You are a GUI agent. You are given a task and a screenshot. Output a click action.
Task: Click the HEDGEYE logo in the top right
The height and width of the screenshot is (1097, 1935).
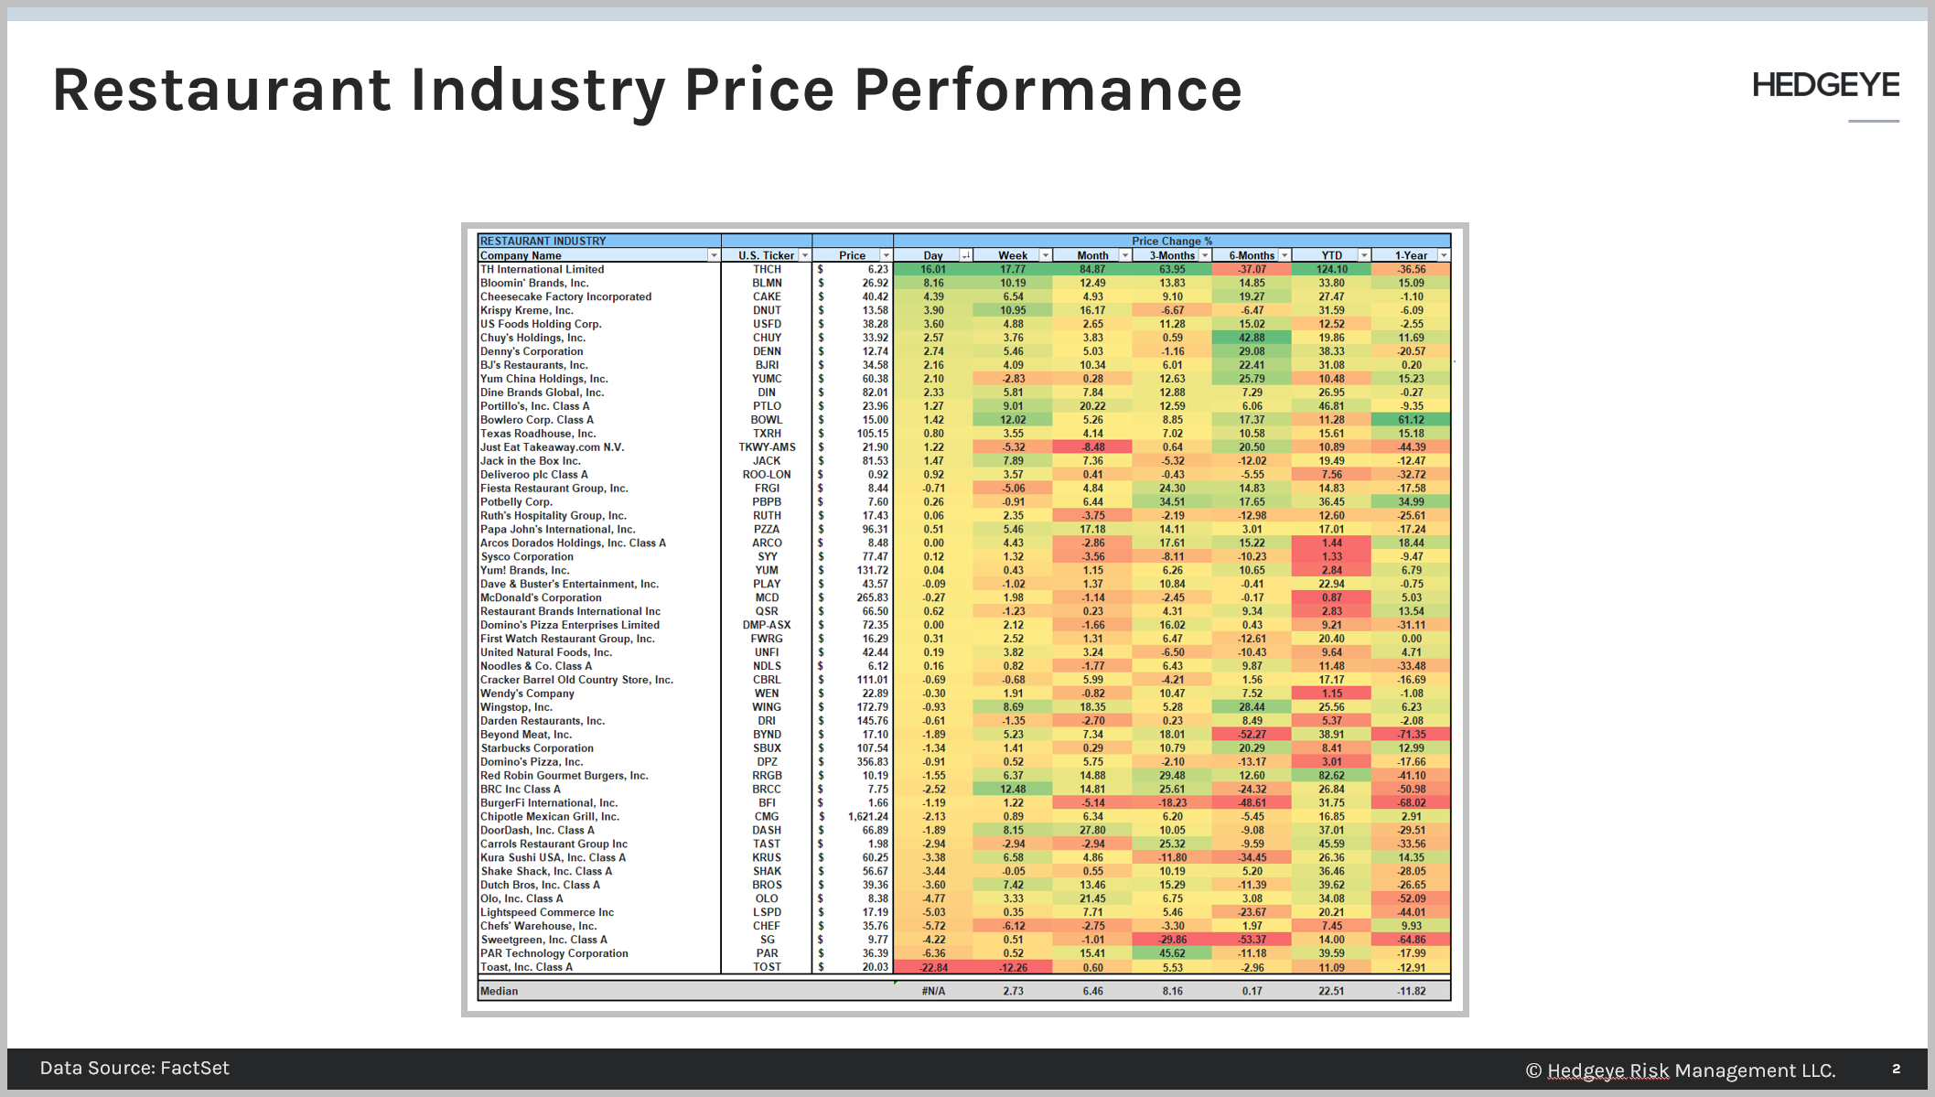click(x=1825, y=85)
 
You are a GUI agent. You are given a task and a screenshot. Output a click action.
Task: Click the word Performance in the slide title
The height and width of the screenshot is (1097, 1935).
click(x=1048, y=90)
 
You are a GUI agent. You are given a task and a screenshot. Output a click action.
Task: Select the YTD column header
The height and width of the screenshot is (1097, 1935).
click(x=1331, y=255)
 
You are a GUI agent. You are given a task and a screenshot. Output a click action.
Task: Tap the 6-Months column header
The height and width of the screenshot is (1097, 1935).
click(x=1252, y=255)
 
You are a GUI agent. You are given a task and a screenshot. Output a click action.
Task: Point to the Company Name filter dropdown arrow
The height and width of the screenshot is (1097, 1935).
click(x=714, y=255)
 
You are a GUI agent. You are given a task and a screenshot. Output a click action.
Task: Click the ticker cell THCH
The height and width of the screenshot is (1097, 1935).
click(x=767, y=269)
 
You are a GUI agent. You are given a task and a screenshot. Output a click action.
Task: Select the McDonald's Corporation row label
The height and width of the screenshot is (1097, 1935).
click(x=541, y=597)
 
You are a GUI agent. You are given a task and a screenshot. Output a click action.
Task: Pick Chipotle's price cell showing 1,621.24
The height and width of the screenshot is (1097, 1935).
click(x=867, y=816)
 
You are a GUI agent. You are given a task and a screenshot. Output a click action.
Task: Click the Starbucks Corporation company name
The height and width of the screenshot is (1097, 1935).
click(x=537, y=747)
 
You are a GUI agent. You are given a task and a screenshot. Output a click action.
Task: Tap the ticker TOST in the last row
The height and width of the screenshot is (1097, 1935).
click(x=767, y=967)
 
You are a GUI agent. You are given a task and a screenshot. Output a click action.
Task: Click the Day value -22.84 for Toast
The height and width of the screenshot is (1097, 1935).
click(x=933, y=967)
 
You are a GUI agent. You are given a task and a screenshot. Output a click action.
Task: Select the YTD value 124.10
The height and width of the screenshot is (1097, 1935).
click(x=1331, y=269)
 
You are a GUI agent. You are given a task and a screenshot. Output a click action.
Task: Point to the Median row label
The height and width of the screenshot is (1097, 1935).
click(x=499, y=991)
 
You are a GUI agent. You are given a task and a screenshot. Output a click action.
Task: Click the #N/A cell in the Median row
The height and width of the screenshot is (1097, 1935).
click(x=933, y=991)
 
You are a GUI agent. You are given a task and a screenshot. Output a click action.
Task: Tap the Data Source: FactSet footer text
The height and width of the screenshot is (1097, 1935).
click(x=134, y=1068)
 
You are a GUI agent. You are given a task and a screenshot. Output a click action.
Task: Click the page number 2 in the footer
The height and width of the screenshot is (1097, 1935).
click(x=1897, y=1069)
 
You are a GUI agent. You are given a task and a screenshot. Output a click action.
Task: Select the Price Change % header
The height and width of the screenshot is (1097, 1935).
click(x=1171, y=242)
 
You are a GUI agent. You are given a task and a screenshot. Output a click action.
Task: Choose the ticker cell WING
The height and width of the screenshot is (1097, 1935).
click(x=767, y=707)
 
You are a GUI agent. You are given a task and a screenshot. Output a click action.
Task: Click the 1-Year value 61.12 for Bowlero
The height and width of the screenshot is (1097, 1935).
click(x=1411, y=420)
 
